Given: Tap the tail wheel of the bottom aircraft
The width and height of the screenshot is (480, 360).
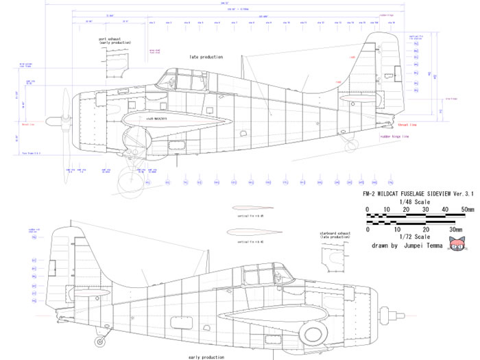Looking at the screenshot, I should [x=102, y=338].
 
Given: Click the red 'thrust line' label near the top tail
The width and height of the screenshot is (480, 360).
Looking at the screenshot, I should [x=406, y=124].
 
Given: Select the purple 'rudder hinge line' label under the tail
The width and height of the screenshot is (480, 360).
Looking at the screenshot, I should [x=394, y=136].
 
